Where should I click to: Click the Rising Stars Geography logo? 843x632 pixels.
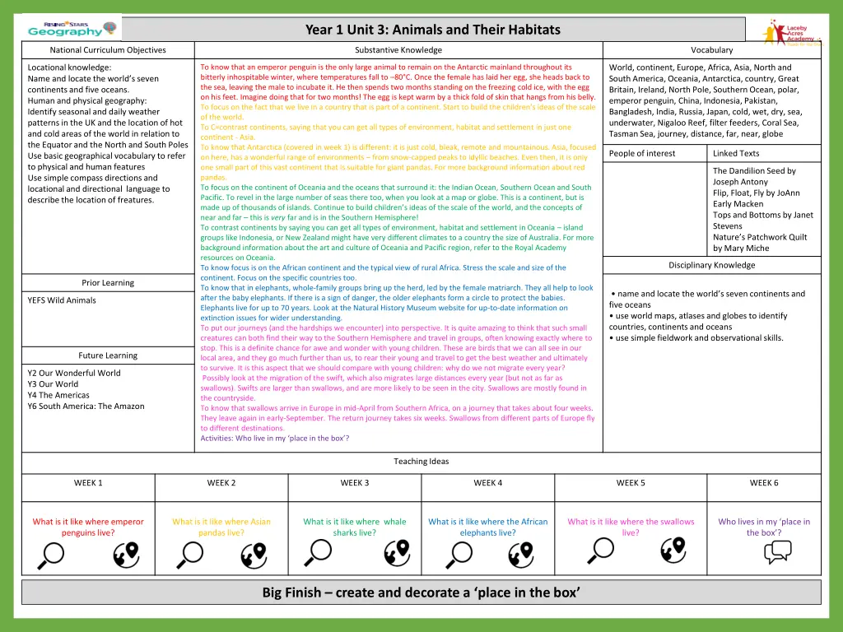click(66, 28)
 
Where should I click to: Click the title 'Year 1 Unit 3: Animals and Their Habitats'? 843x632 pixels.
click(432, 30)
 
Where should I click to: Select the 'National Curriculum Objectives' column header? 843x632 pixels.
click(108, 50)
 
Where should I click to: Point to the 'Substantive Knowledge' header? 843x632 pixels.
click(398, 50)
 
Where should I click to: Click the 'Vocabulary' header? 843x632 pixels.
click(711, 50)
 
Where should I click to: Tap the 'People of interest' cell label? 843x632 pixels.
click(642, 153)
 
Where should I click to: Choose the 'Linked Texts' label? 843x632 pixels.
click(736, 153)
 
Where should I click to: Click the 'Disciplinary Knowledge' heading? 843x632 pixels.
click(711, 265)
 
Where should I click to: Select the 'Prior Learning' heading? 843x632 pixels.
click(108, 282)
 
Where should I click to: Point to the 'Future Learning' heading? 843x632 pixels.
click(108, 355)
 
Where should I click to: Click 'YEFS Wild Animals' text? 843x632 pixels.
click(62, 300)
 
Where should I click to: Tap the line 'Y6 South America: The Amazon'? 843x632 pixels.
click(86, 406)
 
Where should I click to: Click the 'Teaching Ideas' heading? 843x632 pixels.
click(421, 461)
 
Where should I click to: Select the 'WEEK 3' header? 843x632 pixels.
click(355, 483)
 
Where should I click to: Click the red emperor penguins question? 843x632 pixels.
click(88, 527)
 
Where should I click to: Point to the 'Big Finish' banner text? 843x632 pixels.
click(421, 592)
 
